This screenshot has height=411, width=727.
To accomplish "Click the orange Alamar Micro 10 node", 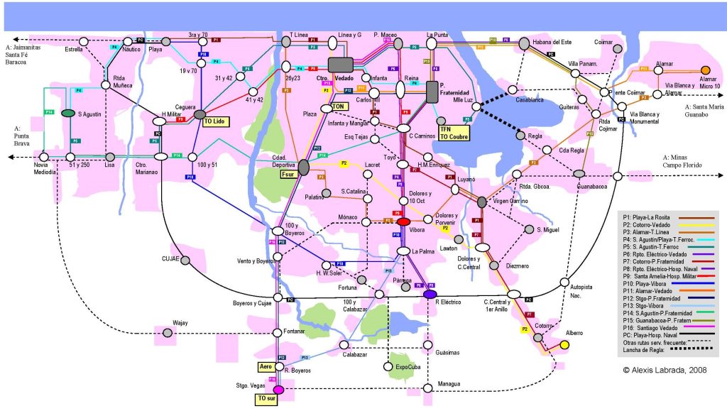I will (705, 70).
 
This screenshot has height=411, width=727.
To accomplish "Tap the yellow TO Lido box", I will (215, 122).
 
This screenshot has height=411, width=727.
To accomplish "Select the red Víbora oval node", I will (403, 222).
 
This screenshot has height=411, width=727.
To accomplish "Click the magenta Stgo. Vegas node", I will (278, 389).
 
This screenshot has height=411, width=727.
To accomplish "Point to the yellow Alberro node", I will (564, 345).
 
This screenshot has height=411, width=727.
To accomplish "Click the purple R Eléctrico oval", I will (430, 294).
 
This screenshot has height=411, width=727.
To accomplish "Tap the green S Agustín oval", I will (69, 113).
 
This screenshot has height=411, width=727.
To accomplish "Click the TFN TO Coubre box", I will (454, 133).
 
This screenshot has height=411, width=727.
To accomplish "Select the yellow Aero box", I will (266, 367).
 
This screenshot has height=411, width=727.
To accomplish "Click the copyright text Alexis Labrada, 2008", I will (660, 370).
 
